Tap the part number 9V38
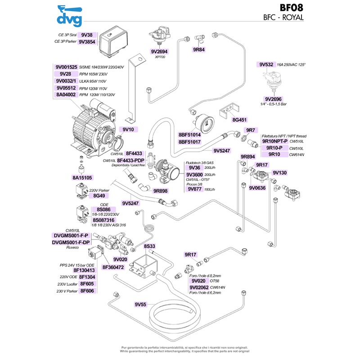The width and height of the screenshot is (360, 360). [85, 35]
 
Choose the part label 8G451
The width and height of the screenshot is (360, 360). [239, 120]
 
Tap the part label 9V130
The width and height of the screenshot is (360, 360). [279, 172]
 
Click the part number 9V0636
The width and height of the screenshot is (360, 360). [257, 188]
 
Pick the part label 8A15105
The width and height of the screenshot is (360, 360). [82, 178]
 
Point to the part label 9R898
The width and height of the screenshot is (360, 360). [161, 191]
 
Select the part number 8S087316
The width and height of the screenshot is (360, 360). [103, 220]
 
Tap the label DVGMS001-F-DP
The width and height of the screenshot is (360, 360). [71, 242]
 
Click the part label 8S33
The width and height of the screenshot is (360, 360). [149, 246]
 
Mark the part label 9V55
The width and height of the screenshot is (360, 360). [141, 305]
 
